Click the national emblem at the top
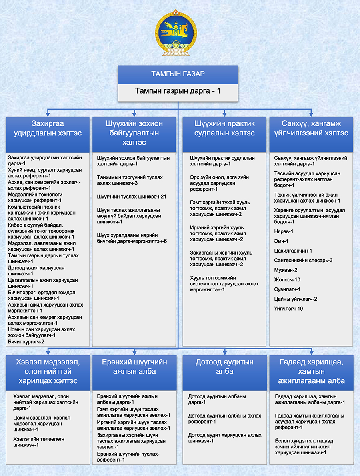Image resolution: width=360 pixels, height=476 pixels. point(176,33)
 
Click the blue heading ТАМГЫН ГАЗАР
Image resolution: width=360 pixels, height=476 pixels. point(178,74)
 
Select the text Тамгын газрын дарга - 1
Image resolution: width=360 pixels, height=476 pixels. point(178,90)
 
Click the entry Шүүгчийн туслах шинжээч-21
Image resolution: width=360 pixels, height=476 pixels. point(132,197)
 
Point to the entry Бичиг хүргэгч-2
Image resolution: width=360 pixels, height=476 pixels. point(26,342)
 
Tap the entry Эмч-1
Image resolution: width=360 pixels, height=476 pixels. point(281,241)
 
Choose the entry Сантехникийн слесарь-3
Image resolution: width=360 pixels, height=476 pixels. point(303,261)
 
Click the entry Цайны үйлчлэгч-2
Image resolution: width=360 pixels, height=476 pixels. point(296,299)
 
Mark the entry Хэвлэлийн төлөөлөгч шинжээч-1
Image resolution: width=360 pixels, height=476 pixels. point(38,442)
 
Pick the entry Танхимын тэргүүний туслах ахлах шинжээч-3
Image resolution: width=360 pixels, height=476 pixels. point(130,180)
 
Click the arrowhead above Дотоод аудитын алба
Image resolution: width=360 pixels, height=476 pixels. point(224,353)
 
